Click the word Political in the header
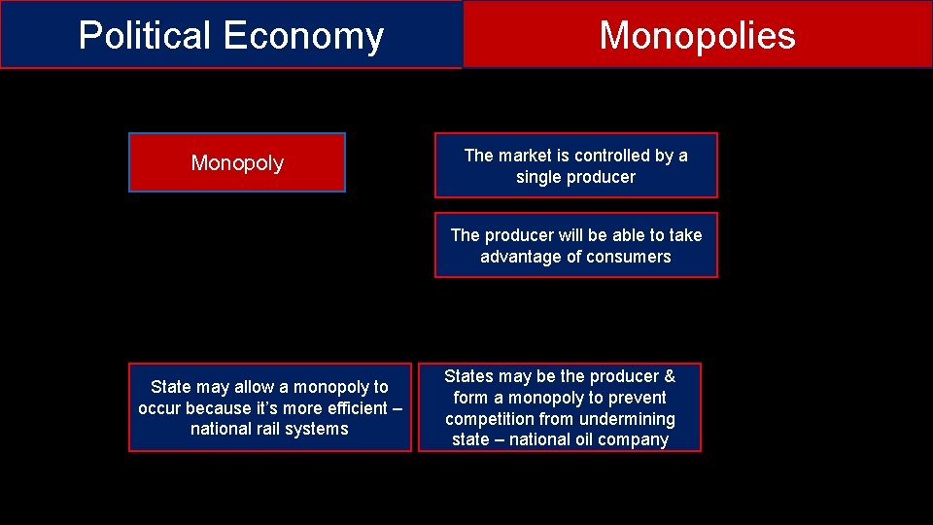click(x=146, y=35)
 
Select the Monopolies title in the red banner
click(x=697, y=35)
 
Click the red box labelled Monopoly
click(x=237, y=162)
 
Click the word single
click(x=537, y=177)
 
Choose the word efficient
click(x=349, y=408)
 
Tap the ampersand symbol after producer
click(x=669, y=376)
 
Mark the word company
click(x=636, y=440)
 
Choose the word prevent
click(x=636, y=398)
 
